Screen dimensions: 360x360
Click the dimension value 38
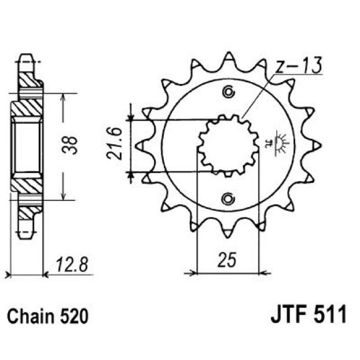pos(70,146)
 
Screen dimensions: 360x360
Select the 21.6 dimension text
pos(114,144)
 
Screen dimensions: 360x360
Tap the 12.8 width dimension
pos(72,265)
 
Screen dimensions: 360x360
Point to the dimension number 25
pos(227,260)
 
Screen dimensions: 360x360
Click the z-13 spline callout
pos(298,65)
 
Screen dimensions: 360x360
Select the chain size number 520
pos(74,317)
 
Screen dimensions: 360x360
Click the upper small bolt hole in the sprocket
pos(229,92)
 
